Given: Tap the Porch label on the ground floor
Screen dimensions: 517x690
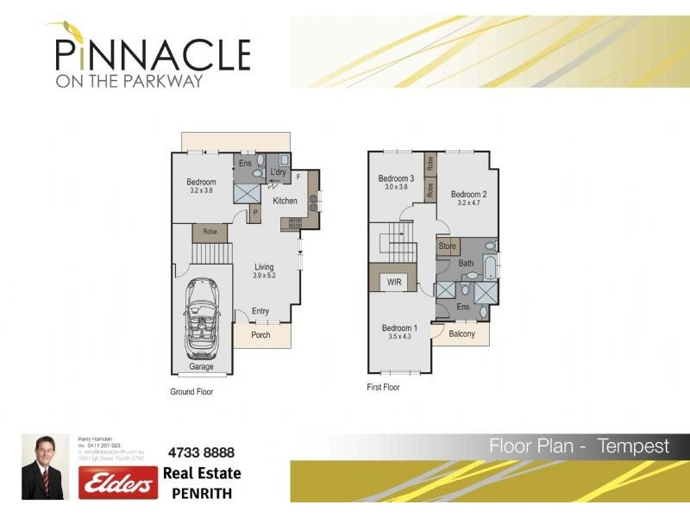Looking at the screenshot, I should (260, 336).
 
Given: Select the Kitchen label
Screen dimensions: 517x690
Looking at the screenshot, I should (285, 201).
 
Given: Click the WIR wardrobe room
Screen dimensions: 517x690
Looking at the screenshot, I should (395, 281).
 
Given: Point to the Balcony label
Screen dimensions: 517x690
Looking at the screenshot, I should (461, 333).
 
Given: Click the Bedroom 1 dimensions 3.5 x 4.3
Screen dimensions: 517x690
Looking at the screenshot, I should (399, 338).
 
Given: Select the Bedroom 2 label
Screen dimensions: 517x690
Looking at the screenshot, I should (468, 194).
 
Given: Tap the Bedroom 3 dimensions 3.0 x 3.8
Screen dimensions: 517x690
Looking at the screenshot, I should (396, 187).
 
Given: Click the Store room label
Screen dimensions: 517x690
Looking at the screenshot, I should (447, 246).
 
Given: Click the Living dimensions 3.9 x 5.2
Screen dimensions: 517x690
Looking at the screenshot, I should (264, 277).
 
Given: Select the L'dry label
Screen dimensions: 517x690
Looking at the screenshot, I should (278, 172).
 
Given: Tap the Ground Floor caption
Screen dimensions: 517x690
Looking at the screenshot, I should (191, 391).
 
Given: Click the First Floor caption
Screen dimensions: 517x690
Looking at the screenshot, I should (383, 388).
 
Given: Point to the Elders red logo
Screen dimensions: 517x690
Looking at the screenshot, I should (118, 483).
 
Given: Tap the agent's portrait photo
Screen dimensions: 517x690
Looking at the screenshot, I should (45, 466).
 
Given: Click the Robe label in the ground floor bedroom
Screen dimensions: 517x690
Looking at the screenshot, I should (210, 232).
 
